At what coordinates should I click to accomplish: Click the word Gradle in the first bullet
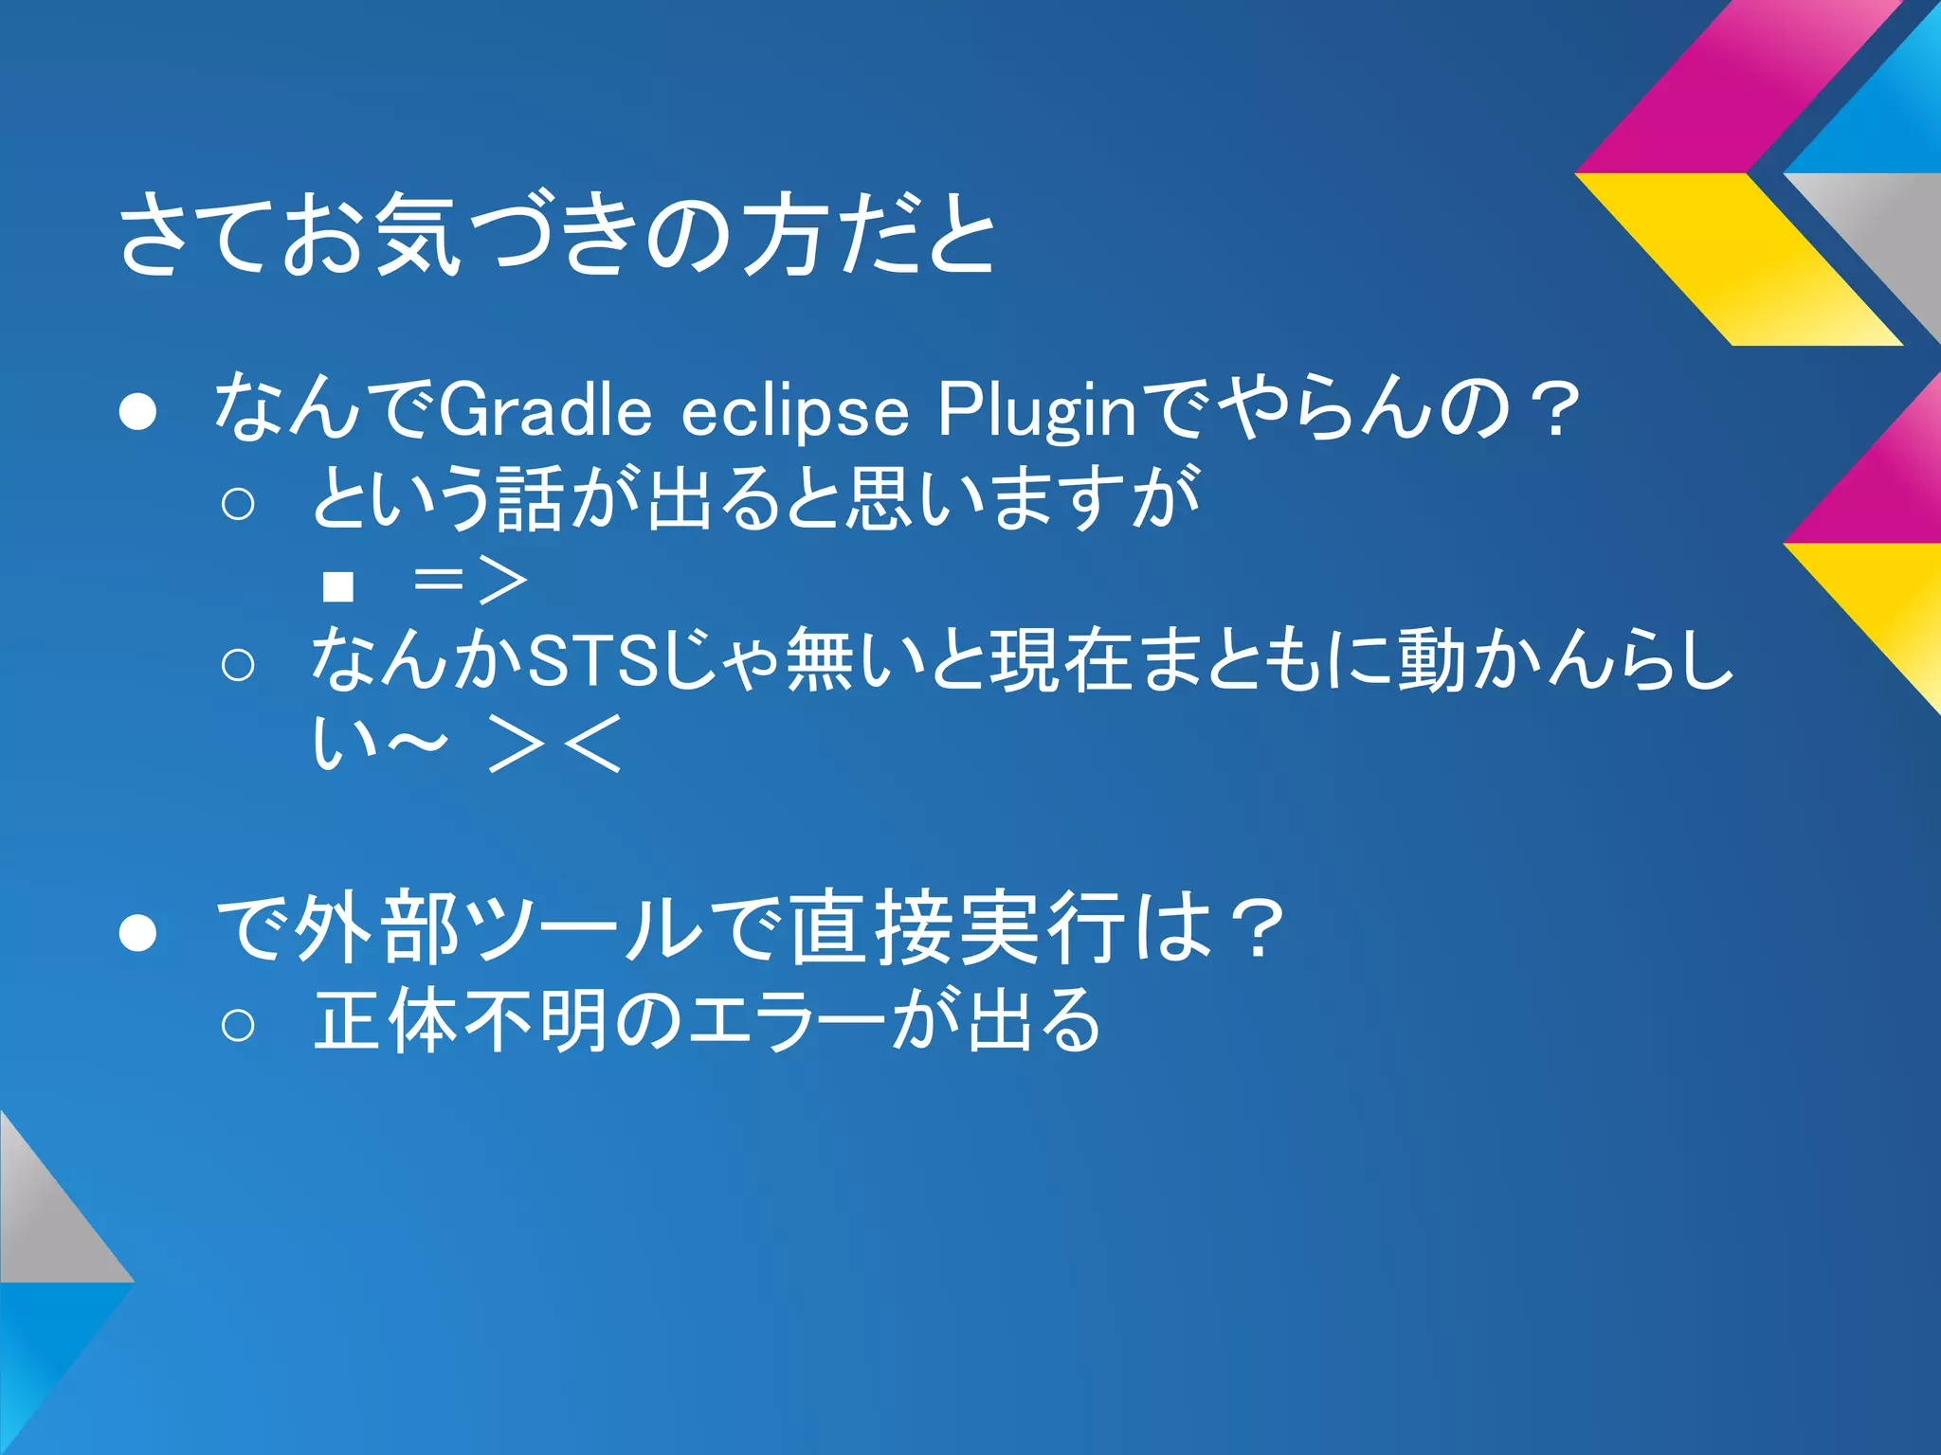(545, 411)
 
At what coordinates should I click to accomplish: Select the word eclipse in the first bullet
(794, 413)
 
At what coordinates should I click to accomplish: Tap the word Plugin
(1037, 411)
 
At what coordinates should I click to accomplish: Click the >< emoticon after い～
(554, 745)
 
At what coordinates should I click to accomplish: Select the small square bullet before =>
(337, 586)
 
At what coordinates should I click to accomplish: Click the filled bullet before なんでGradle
(137, 413)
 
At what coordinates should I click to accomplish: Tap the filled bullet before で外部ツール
(137, 932)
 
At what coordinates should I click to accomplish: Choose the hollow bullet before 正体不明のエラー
(237, 1024)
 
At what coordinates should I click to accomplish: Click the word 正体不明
(459, 1021)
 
